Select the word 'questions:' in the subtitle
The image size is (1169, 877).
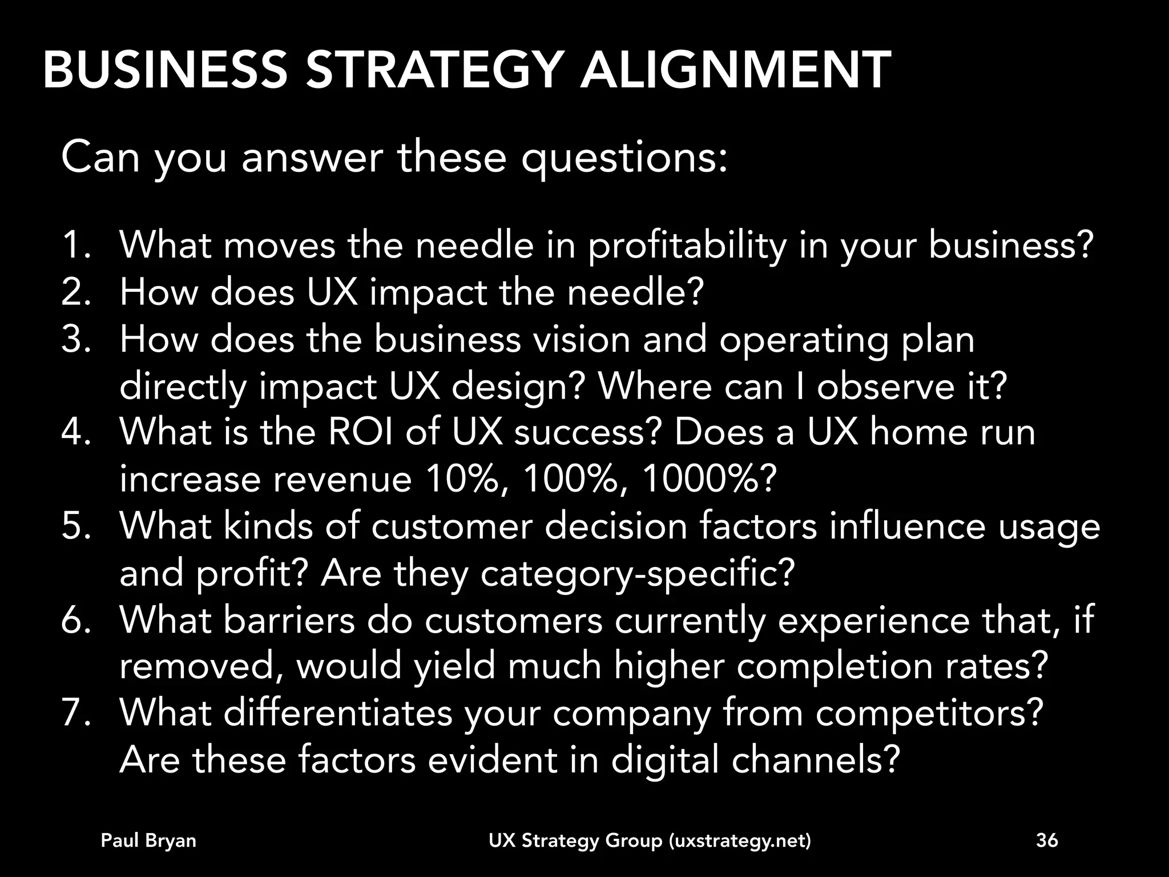(x=624, y=159)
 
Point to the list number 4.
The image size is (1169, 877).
(x=75, y=432)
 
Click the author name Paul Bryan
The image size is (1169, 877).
(x=148, y=840)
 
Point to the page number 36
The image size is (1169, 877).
(x=1047, y=840)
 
